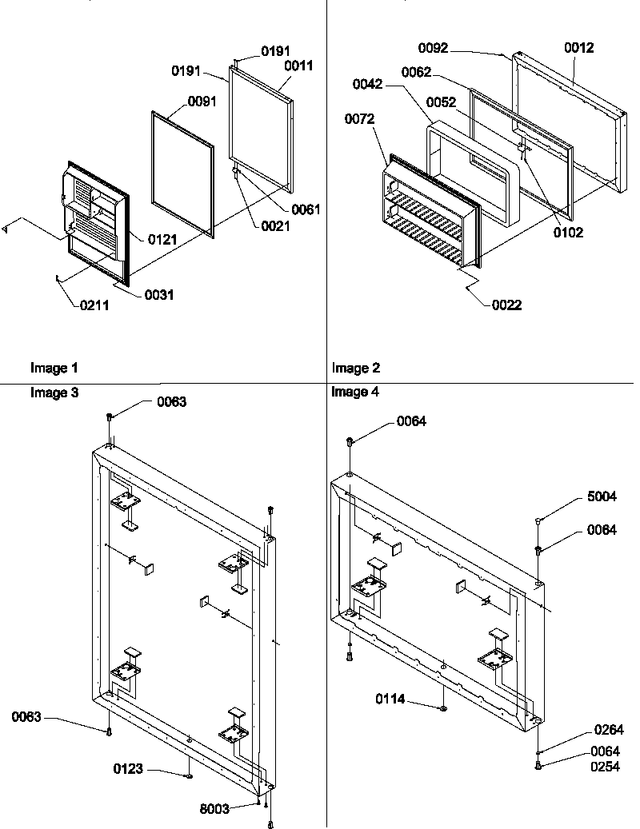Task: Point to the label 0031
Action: [x=158, y=295]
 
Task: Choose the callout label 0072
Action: [x=359, y=119]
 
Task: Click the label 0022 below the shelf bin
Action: [x=507, y=305]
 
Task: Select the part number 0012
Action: [x=579, y=49]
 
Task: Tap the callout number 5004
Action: [x=602, y=496]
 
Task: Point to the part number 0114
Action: [x=391, y=699]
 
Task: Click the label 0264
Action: [x=608, y=730]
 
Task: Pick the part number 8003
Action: [x=214, y=809]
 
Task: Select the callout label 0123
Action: [x=128, y=769]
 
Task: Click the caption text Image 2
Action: [x=356, y=369]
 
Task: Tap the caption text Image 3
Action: [x=54, y=392]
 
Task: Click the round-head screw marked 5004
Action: [x=538, y=520]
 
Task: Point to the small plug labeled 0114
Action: [x=442, y=707]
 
